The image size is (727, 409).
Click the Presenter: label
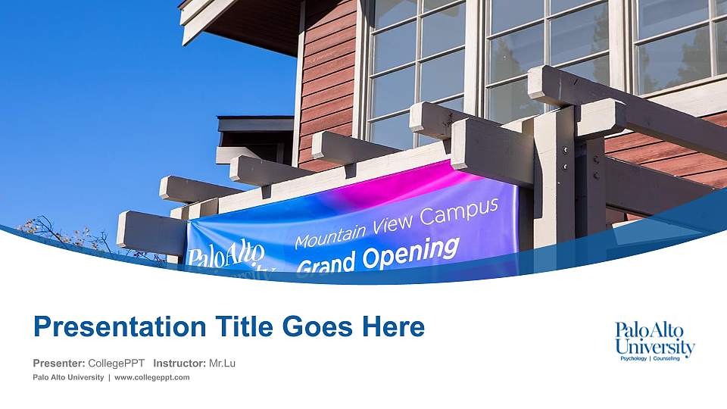(x=59, y=364)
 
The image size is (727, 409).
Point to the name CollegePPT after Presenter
(x=116, y=364)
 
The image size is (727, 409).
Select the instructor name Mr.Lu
(x=222, y=364)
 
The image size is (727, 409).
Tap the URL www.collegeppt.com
(x=151, y=377)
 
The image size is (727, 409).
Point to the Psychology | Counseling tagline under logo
(x=655, y=358)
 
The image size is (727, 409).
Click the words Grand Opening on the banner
(x=377, y=256)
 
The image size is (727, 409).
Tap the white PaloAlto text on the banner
(x=226, y=255)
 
